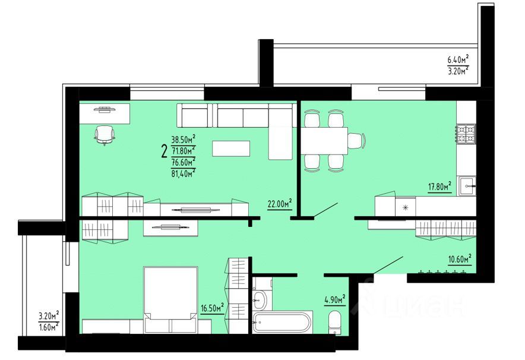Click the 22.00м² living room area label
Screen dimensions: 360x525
pos(280,204)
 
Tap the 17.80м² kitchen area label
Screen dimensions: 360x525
pos(439,187)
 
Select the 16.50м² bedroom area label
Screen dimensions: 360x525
pos(213,307)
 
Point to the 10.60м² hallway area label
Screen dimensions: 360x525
pos(459,258)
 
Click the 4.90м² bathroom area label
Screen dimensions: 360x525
pos(335,299)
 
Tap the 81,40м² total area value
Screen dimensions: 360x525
pos(184,173)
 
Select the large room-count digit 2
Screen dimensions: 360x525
pos(164,151)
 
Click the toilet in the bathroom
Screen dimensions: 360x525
pos(334,321)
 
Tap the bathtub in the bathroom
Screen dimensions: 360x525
pos(282,323)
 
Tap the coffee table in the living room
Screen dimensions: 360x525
pos(231,149)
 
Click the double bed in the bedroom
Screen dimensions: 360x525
pos(171,300)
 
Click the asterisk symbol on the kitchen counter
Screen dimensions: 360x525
pos(406,207)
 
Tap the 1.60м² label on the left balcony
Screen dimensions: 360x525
pos(48,327)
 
